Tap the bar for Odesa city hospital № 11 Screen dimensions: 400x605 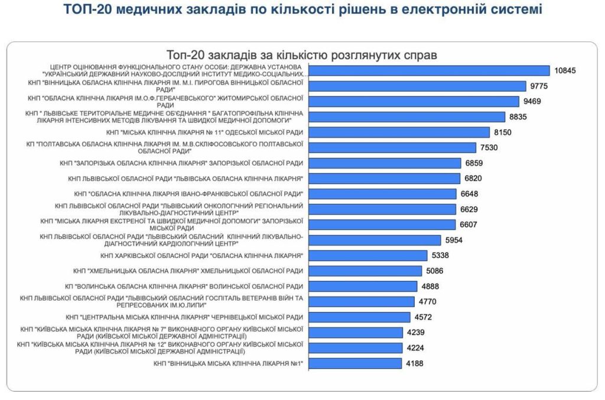coord(399,132)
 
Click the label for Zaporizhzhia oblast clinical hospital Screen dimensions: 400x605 coord(182,163)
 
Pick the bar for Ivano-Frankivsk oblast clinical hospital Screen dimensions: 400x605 coord(383,193)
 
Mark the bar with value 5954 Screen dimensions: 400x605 coord(375,240)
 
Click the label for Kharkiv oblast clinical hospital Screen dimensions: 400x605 coord(201,255)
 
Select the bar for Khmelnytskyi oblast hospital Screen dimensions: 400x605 coord(365,271)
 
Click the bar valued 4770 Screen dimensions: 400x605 coord(361,302)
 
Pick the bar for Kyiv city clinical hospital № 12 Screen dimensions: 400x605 coord(355,348)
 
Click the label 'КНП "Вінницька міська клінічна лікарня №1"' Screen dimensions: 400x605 coord(228,363)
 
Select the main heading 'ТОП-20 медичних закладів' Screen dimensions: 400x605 coord(302,10)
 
